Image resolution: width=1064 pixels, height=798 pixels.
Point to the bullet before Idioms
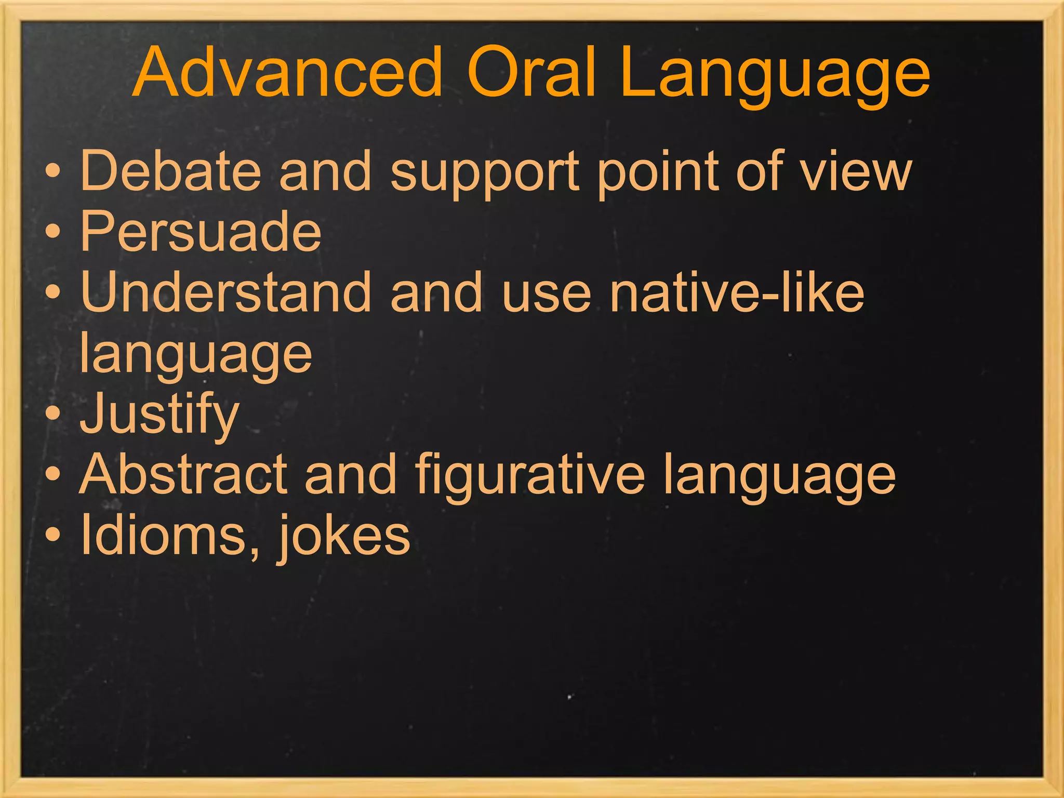(x=52, y=535)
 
